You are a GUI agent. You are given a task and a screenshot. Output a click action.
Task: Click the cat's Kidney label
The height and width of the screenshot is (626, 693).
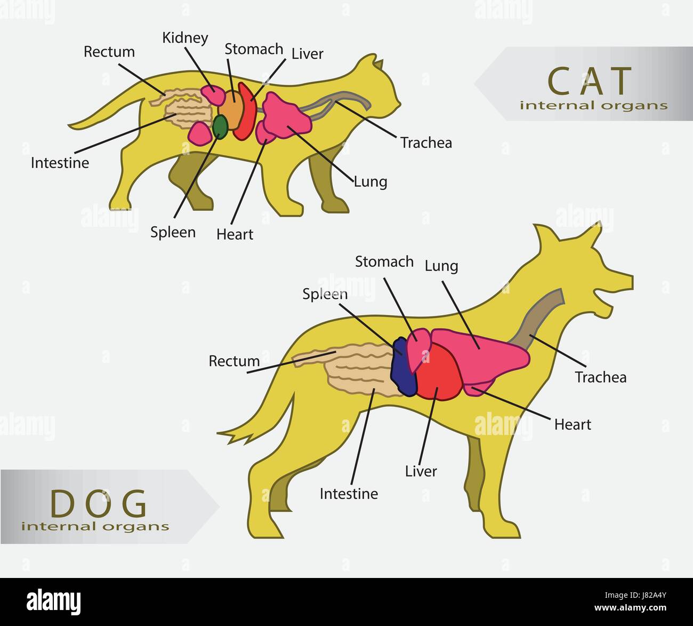click(x=185, y=38)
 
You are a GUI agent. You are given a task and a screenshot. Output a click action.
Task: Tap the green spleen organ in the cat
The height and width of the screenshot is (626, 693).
click(x=220, y=125)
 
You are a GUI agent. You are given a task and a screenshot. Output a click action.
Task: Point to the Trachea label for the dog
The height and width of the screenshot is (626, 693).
click(x=600, y=377)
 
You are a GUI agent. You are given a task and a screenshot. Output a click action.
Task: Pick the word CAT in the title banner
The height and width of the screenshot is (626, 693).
click(x=590, y=81)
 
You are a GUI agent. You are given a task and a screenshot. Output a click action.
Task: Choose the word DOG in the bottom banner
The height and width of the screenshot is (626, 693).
click(x=99, y=503)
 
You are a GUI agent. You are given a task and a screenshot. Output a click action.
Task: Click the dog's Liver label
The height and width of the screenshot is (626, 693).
click(x=421, y=471)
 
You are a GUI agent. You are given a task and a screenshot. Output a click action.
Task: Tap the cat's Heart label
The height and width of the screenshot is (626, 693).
click(x=235, y=234)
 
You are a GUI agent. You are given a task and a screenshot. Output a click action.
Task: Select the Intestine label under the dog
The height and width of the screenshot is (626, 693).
click(x=349, y=494)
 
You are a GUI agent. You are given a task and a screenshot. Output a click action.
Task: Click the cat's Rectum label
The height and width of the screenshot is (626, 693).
click(x=109, y=52)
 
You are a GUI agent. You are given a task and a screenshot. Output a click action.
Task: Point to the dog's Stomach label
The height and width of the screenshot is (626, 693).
click(x=384, y=262)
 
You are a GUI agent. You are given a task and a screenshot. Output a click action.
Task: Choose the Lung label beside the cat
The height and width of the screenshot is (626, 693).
click(x=370, y=181)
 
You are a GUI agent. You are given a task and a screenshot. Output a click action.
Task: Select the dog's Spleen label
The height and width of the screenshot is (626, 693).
click(x=325, y=294)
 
